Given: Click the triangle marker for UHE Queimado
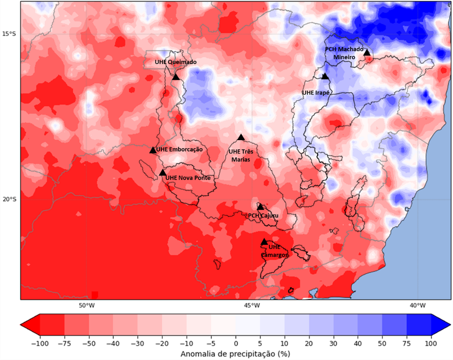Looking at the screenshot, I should [175, 77].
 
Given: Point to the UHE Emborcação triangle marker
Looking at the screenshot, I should [153, 150].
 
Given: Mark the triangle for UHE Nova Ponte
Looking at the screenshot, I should [163, 173].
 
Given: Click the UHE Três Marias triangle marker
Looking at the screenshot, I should [241, 137].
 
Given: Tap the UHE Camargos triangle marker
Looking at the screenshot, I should [264, 242].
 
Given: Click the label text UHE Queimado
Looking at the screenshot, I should [176, 62].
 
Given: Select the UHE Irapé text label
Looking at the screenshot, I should [316, 93].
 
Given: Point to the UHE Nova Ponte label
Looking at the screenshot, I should [188, 178].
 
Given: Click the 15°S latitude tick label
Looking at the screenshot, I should [9, 33].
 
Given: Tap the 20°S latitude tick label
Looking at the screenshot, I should [9, 199].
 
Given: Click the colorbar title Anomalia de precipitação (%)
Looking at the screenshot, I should [235, 354].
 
